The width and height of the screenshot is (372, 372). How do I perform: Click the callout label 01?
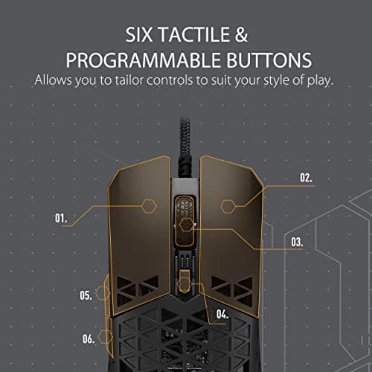coord(61,218)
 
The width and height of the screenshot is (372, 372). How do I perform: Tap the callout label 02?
coord(306,178)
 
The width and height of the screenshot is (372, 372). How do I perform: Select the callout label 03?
coord(297,242)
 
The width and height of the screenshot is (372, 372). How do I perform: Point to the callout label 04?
coord(222,314)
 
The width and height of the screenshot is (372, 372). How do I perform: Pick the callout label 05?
coord(86,295)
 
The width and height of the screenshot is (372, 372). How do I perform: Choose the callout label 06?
coord(89,339)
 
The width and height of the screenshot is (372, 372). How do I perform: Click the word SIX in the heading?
coord(138,34)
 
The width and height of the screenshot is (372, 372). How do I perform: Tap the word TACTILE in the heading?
coord(194,34)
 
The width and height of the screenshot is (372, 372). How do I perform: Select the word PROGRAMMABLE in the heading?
coord(143,60)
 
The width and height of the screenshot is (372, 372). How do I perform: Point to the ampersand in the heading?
coord(241,34)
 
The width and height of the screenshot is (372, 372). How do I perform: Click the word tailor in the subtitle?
coord(129,80)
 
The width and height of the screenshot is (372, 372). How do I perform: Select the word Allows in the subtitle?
coord(53,80)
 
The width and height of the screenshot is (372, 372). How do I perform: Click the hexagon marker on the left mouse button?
coord(149,206)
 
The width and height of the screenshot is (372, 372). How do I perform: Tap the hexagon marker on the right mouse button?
coord(228,206)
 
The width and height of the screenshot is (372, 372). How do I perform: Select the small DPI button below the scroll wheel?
coord(185,281)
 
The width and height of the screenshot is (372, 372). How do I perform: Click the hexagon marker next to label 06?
coord(106,337)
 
